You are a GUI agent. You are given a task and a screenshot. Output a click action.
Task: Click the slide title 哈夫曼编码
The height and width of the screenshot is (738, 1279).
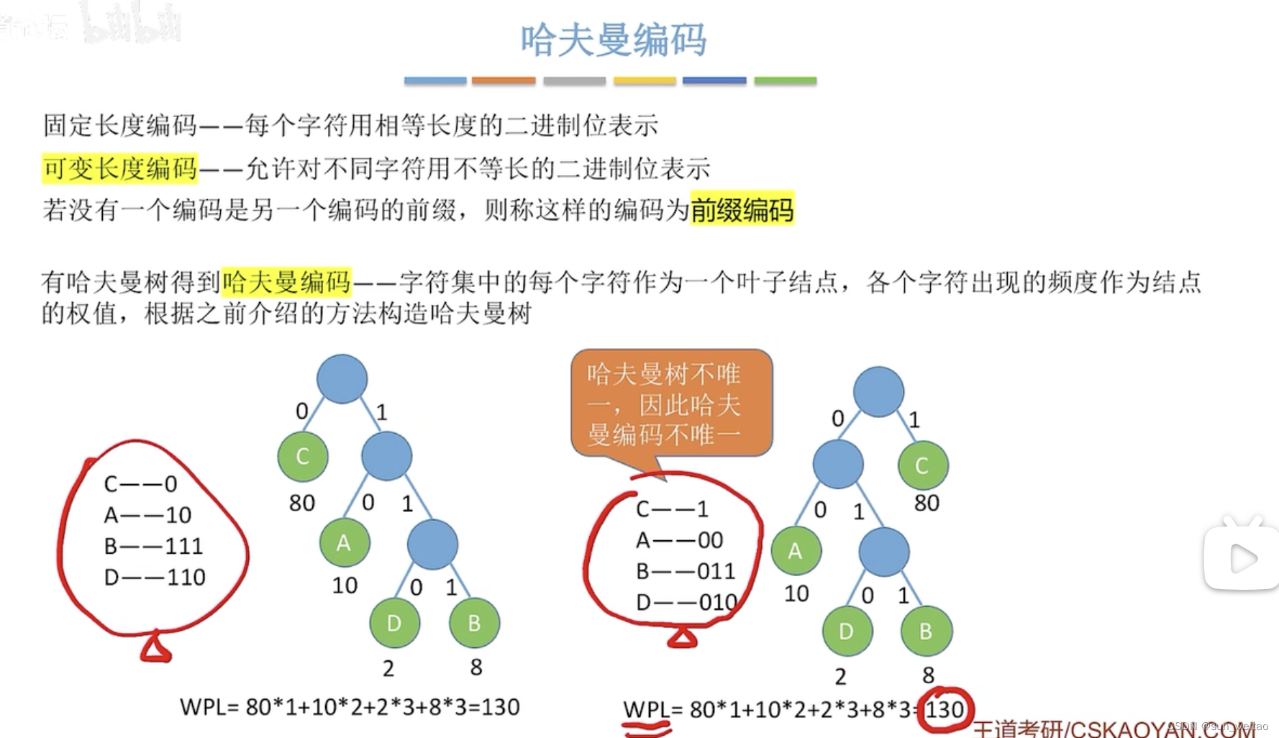click(x=614, y=40)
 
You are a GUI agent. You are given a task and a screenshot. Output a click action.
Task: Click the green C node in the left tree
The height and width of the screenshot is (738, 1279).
click(x=303, y=456)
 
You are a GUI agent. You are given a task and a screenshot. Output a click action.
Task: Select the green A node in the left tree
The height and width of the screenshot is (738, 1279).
click(x=345, y=542)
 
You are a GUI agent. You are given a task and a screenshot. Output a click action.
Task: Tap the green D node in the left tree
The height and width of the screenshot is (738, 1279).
click(x=394, y=623)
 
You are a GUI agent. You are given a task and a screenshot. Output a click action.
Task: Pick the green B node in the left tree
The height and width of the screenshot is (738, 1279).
click(x=474, y=623)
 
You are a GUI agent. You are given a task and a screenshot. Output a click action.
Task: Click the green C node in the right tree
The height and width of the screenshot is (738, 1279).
click(x=922, y=465)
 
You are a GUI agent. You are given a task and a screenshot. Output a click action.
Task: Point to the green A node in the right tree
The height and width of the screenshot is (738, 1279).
click(x=796, y=551)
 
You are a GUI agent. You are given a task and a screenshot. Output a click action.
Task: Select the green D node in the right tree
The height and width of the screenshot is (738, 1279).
click(x=847, y=632)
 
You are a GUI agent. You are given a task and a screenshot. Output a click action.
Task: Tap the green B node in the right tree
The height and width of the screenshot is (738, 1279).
click(x=926, y=632)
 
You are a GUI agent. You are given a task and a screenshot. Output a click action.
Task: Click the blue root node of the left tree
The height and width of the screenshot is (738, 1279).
click(x=342, y=378)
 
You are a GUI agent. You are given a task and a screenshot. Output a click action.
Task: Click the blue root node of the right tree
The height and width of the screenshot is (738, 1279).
click(x=878, y=391)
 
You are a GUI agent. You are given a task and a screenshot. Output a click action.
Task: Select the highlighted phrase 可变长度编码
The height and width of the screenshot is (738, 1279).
click(x=120, y=168)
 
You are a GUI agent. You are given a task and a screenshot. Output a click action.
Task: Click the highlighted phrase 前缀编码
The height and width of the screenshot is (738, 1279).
click(x=742, y=209)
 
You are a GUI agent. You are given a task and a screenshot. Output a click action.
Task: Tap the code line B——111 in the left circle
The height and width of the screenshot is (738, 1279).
click(x=153, y=546)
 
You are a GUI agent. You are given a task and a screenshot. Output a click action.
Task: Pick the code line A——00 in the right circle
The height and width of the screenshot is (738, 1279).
click(x=679, y=539)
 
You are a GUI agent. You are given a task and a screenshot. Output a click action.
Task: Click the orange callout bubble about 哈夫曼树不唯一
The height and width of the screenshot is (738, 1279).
click(x=671, y=403)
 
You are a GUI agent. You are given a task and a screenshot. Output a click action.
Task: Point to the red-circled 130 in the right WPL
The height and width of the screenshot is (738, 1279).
click(x=944, y=710)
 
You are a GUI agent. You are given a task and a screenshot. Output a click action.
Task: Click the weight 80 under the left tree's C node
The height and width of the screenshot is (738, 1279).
click(x=302, y=503)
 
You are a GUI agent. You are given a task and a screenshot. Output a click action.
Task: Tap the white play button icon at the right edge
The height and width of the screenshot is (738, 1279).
click(x=1242, y=558)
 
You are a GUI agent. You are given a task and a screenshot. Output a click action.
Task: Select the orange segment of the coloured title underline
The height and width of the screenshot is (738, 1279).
click(x=504, y=81)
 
